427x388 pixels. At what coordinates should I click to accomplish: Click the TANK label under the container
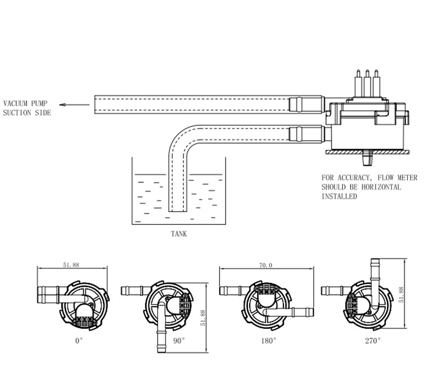(x=179, y=234)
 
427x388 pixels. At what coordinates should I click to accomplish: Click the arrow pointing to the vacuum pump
(x=75, y=104)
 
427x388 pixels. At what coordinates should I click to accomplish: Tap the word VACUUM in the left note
(x=15, y=103)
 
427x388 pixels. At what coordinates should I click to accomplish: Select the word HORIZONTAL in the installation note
(x=381, y=187)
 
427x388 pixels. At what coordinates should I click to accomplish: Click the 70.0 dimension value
(x=265, y=265)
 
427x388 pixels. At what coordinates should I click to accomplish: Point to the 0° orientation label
(x=79, y=341)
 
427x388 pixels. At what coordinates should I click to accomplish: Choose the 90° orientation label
(x=179, y=341)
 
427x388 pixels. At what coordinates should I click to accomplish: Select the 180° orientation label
(x=268, y=341)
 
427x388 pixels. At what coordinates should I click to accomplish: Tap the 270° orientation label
(x=373, y=341)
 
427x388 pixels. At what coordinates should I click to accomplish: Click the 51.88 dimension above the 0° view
(x=71, y=265)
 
